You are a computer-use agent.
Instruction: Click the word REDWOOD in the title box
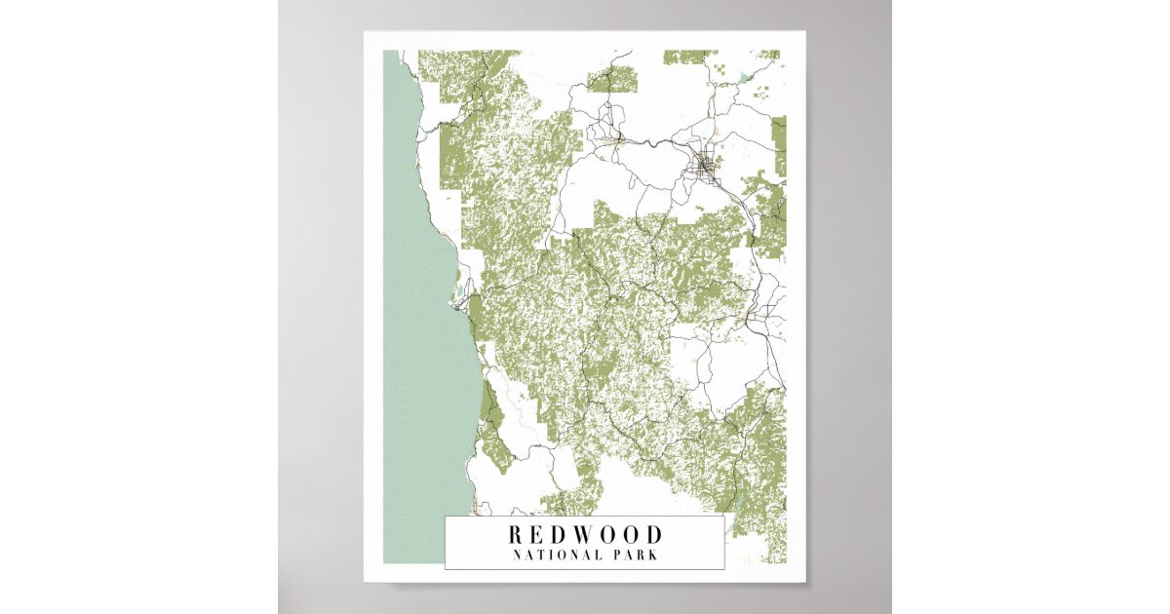(584, 535)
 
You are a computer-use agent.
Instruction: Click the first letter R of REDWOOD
(515, 535)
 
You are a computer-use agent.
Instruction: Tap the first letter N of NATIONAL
(518, 556)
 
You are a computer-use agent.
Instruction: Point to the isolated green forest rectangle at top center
(612, 78)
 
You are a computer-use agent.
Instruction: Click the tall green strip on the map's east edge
(779, 146)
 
